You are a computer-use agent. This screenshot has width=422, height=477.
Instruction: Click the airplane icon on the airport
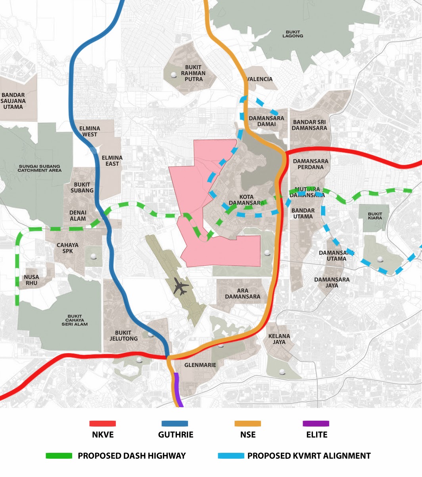pos(181,287)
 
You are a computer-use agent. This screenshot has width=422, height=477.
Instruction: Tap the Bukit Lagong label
pos(293,34)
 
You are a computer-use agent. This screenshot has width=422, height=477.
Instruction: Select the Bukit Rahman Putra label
pos(193,73)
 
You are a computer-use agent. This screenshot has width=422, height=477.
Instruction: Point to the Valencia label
pos(260,79)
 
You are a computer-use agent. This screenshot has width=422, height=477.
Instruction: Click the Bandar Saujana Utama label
pos(13,101)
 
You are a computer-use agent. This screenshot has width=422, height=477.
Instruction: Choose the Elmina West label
pos(90,131)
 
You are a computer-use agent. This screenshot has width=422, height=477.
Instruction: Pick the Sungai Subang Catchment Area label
pos(39,168)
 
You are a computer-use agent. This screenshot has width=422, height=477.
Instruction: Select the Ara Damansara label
pos(243,294)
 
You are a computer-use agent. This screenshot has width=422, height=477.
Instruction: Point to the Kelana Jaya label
pos(279,339)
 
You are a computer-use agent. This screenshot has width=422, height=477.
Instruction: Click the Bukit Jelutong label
pos(124,336)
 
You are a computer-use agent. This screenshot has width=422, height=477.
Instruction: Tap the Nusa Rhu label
pos(32,280)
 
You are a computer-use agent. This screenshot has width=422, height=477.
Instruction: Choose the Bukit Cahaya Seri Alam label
pos(75,320)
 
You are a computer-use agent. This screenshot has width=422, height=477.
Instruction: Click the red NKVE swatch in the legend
pos(103,423)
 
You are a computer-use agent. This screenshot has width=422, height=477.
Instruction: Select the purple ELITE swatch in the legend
pos(316,423)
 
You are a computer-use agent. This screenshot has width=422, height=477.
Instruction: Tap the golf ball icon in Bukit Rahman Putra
pos(173,75)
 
